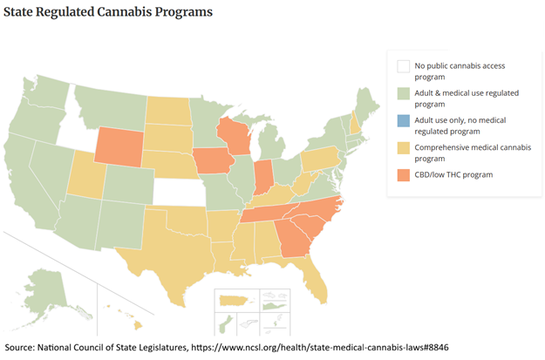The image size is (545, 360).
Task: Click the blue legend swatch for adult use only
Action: tap(404, 119)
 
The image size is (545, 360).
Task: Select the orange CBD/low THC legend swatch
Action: tap(404, 174)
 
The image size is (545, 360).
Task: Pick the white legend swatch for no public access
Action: tap(404, 65)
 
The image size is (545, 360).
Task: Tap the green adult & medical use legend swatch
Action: tap(404, 92)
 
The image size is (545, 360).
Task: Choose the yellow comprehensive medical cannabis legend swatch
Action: tap(404, 147)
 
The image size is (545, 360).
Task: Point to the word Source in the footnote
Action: tap(23, 348)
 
